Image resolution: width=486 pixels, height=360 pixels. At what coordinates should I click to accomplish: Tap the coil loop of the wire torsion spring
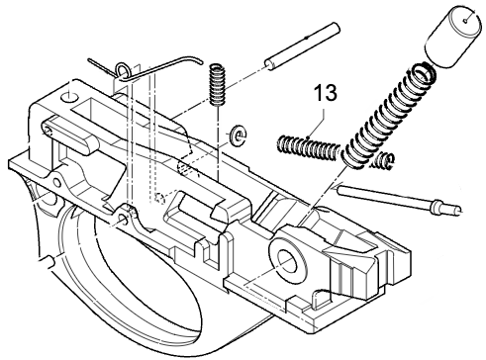click(120, 69)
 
